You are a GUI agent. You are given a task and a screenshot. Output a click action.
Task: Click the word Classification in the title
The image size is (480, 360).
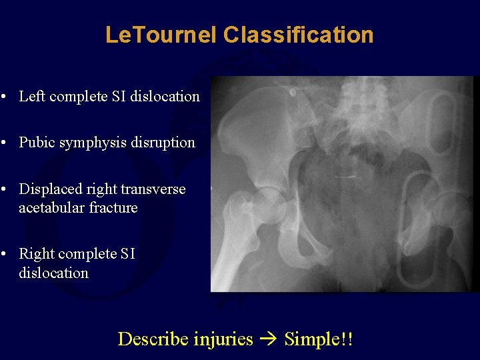pyautogui.click(x=299, y=35)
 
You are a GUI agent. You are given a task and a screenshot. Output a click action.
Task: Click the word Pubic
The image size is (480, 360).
pyautogui.click(x=35, y=142)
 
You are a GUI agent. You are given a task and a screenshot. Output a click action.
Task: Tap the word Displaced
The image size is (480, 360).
pyautogui.click(x=48, y=189)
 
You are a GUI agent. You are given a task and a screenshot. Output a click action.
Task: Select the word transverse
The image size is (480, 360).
pyautogui.click(x=157, y=189)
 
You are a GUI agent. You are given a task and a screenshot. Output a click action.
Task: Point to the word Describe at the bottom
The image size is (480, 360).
pyautogui.click(x=153, y=339)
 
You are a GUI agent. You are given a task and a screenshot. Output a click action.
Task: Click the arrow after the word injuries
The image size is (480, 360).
pyautogui.click(x=269, y=339)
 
